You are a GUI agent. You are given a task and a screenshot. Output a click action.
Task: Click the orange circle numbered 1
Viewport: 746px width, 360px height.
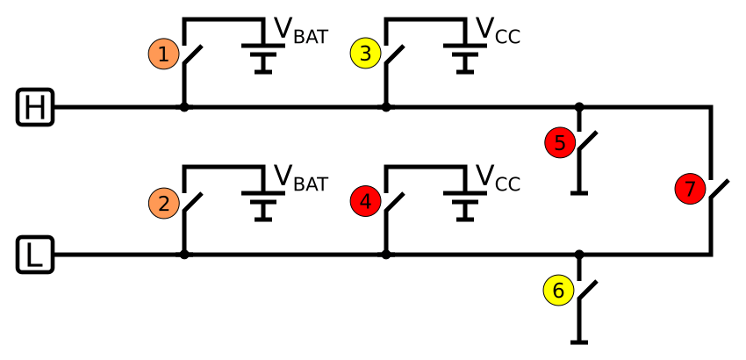point(164,54)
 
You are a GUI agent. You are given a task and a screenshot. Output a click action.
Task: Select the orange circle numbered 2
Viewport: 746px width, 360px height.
point(164,203)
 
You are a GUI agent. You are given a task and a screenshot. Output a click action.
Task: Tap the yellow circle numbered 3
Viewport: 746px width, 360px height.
point(365,54)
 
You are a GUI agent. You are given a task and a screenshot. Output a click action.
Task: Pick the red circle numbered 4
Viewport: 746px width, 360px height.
point(365,203)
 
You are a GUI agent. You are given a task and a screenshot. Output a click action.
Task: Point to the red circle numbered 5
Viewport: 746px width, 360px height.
point(561,142)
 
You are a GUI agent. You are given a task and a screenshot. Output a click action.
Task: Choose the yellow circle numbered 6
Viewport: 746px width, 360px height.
point(557,291)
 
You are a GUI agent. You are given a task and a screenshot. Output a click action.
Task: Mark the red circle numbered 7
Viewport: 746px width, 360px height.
point(691,189)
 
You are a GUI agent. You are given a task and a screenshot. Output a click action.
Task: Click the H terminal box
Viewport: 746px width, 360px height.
point(35,108)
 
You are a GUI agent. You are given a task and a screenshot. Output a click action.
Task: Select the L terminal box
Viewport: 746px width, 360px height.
point(35,256)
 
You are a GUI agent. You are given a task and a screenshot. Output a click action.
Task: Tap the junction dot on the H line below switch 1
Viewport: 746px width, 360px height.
point(183,108)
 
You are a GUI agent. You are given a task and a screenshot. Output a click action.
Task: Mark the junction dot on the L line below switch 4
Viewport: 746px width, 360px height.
point(385,256)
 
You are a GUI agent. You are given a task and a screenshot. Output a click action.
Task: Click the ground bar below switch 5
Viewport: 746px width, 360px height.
point(578,191)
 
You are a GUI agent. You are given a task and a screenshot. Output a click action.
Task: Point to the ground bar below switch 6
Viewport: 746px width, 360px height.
point(578,341)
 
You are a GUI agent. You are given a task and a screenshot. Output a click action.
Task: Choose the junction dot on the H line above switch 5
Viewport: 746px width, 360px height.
point(578,108)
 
